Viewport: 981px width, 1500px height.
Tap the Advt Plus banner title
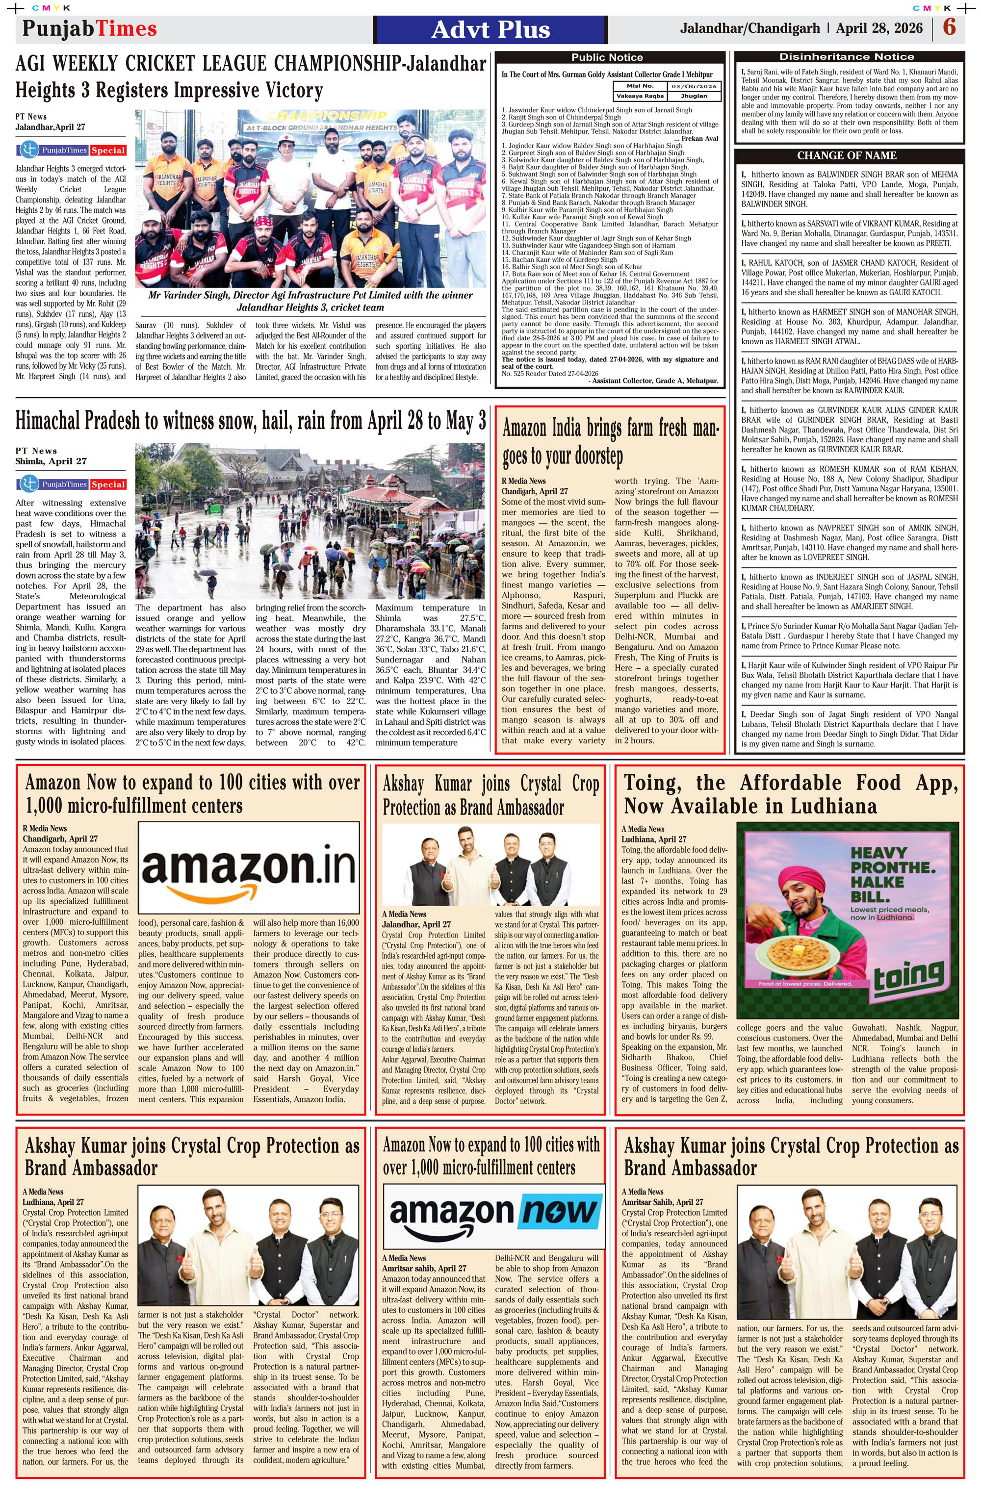click(x=490, y=29)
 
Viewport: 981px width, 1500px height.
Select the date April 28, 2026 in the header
click(x=879, y=28)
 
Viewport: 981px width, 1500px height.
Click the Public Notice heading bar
click(x=607, y=57)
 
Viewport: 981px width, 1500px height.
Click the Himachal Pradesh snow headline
click(x=250, y=420)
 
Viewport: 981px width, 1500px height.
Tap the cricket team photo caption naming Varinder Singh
click(x=310, y=301)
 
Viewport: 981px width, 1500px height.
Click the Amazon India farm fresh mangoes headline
click(x=610, y=441)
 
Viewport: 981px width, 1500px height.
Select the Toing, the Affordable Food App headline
click(x=791, y=794)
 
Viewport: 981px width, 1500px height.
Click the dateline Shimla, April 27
click(x=51, y=461)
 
